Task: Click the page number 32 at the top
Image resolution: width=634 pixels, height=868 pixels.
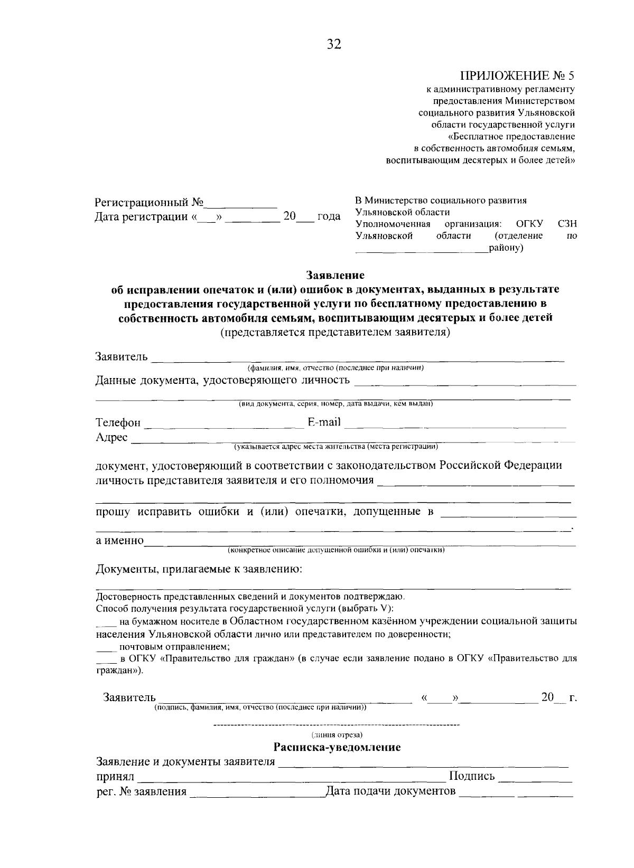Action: click(334, 44)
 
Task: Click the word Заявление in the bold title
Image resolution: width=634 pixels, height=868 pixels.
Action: click(335, 275)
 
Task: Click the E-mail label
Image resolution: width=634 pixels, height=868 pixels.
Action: click(324, 422)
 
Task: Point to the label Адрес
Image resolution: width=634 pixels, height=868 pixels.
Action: click(111, 438)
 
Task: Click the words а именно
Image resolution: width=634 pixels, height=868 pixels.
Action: click(119, 541)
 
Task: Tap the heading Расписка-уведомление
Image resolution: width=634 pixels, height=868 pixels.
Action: click(337, 747)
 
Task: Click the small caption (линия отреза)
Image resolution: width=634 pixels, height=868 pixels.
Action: click(337, 734)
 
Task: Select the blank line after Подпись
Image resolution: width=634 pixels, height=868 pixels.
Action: click(535, 778)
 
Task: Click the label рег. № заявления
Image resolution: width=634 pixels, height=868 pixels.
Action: click(141, 791)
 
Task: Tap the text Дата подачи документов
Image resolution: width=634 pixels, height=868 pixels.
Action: click(390, 791)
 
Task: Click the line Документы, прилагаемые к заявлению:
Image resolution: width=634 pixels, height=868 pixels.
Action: click(199, 570)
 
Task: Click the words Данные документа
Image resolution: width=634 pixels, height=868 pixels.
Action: click(144, 380)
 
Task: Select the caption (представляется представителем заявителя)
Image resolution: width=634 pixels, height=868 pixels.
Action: click(335, 333)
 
